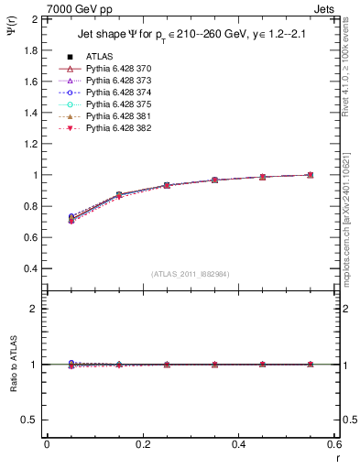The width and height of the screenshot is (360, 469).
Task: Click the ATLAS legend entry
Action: (99, 56)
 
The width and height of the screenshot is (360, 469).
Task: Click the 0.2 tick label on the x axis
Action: (142, 444)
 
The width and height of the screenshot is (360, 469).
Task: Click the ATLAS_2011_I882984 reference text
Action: (190, 274)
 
